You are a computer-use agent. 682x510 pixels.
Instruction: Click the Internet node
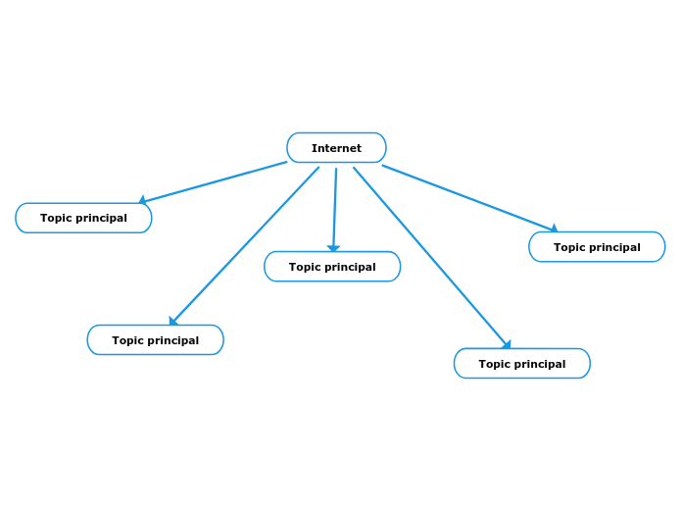tap(336, 148)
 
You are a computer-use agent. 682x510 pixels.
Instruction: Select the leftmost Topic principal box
tap(83, 218)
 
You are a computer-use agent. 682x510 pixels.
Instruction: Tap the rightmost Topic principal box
tap(597, 247)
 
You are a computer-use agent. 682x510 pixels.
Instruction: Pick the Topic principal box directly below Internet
tap(332, 267)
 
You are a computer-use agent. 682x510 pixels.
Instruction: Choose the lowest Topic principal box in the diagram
tap(521, 364)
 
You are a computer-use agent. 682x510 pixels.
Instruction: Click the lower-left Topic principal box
tap(155, 340)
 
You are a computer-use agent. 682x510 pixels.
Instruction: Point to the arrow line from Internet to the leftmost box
tap(216, 182)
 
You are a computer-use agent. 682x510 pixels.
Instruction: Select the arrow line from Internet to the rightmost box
tap(468, 197)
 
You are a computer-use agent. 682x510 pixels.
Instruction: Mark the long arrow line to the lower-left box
tap(245, 245)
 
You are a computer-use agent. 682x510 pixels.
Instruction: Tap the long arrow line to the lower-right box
tap(431, 257)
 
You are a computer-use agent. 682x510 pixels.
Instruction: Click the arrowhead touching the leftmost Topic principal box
tap(142, 200)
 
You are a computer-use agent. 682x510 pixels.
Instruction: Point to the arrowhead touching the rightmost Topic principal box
tap(554, 229)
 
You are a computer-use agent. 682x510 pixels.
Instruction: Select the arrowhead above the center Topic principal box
tap(333, 249)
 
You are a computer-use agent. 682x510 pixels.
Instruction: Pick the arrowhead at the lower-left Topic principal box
tap(173, 321)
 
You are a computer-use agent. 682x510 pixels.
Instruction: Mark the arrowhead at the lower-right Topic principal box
tap(507, 344)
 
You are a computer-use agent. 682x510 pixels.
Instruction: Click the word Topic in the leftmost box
tap(57, 218)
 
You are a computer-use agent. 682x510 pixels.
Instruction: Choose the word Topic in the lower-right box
tap(495, 364)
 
